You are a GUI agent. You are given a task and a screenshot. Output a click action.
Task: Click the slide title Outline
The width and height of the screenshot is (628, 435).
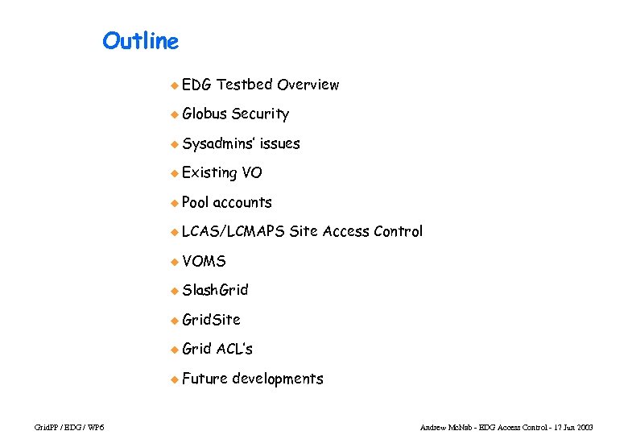pos(140,40)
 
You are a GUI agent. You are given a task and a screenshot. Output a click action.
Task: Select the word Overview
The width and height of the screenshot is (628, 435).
pos(308,85)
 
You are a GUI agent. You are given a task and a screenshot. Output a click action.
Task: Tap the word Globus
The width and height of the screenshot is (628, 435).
pos(205,114)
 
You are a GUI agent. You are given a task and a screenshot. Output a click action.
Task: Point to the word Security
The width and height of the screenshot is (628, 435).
pos(260,114)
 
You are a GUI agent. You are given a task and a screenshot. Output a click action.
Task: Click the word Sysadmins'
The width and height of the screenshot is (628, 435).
pos(219,143)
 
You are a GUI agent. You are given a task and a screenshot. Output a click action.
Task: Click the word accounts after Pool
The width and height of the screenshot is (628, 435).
pos(242,202)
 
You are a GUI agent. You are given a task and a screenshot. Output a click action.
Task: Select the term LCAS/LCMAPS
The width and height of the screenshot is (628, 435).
pos(233,232)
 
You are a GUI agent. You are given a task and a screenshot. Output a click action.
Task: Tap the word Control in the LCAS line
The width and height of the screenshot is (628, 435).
pos(398,232)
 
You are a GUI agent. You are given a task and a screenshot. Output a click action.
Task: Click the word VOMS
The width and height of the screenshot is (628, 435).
pos(205,261)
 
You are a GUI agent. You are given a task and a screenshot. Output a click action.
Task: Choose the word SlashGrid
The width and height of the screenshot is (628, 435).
pos(215,290)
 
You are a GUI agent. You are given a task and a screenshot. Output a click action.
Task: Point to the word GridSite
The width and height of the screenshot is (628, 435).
pos(211,320)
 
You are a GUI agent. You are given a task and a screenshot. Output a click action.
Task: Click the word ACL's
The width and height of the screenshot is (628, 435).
pos(234,349)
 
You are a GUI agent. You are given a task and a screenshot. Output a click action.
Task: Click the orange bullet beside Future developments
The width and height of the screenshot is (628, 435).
pos(173,379)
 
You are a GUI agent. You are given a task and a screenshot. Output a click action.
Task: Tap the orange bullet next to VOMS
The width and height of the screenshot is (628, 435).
pos(173,262)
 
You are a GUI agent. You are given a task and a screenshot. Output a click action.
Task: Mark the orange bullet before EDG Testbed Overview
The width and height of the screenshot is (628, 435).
pos(173,85)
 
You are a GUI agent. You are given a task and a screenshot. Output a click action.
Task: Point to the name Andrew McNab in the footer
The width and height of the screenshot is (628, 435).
pos(446,426)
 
